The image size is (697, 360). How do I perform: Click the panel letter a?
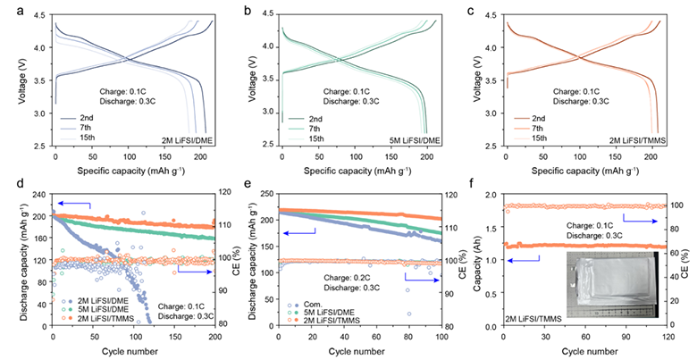coord(20,11)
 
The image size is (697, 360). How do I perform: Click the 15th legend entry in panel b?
coord(316,138)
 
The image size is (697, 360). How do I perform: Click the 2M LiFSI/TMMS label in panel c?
coord(639,141)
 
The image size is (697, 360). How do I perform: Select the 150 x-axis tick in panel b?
coord(391,157)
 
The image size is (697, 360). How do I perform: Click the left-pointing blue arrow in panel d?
coord(74,205)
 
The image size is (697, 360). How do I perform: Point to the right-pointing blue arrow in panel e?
coord(421,278)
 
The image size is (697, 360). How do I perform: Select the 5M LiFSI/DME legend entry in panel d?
coord(97,309)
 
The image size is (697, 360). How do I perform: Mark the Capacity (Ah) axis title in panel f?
coord(478,261)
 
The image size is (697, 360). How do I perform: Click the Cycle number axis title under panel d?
coord(130,352)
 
